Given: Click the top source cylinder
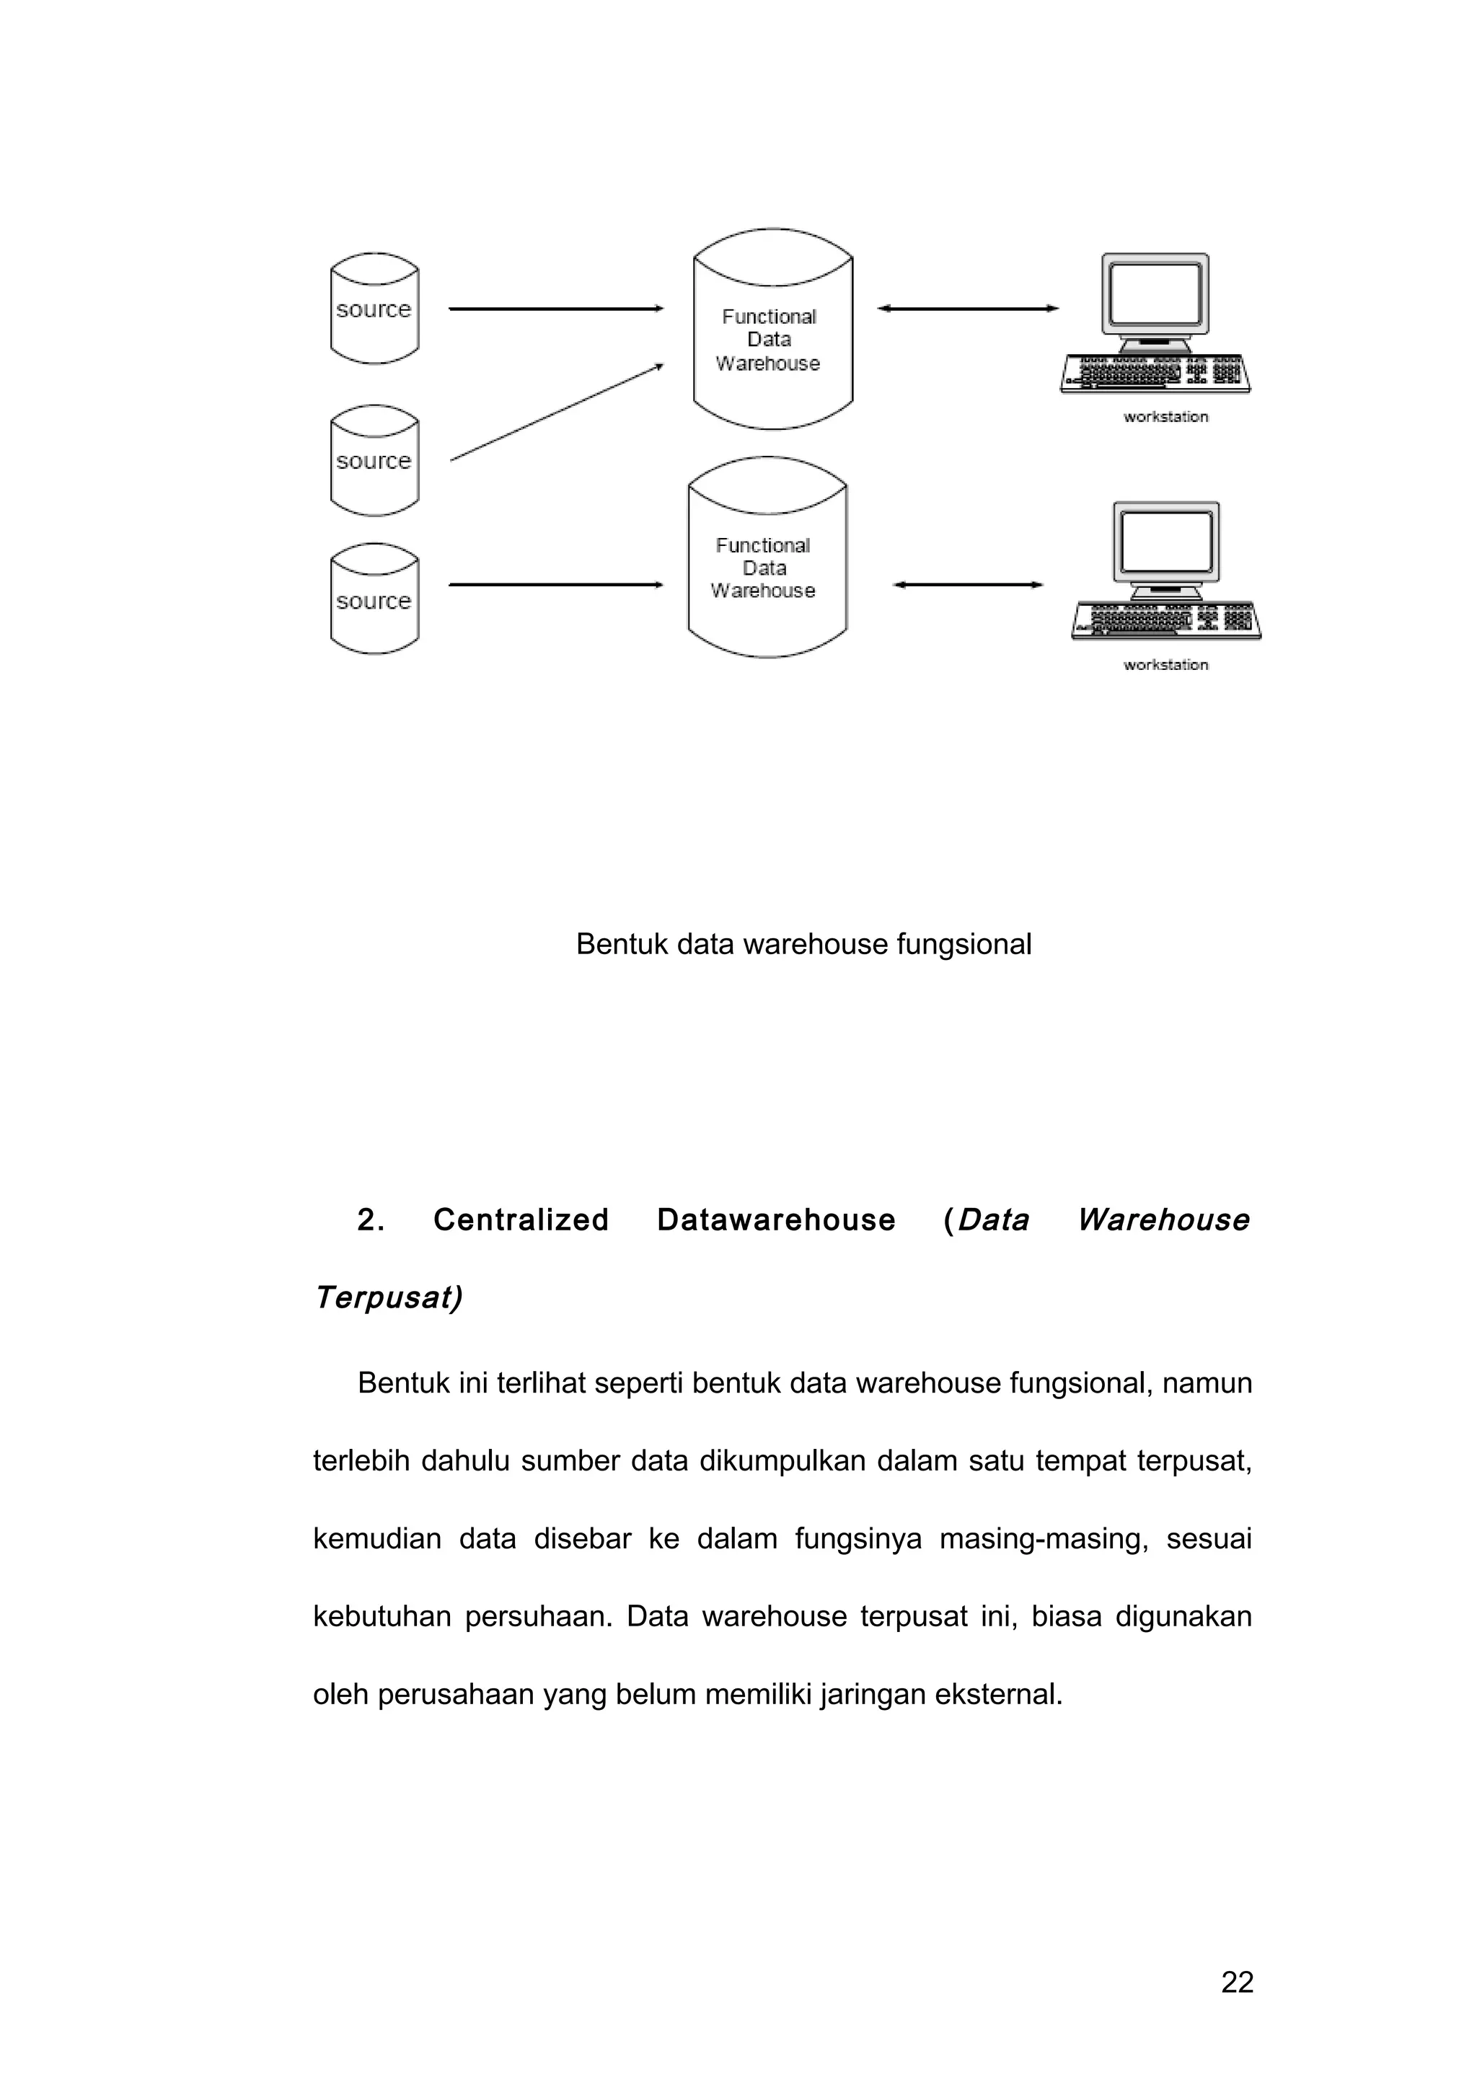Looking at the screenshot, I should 374,309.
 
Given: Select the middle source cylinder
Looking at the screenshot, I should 374,462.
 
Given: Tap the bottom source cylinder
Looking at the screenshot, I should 374,600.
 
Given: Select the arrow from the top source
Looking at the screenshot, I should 555,309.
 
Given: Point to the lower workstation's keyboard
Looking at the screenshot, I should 1165,621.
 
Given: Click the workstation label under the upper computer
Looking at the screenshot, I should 1165,417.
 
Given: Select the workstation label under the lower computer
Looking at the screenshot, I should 1165,666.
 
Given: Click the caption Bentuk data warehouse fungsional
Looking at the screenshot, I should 803,944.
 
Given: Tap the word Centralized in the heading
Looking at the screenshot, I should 521,1220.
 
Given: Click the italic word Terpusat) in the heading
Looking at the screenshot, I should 389,1297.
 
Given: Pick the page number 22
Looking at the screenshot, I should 1237,1982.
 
